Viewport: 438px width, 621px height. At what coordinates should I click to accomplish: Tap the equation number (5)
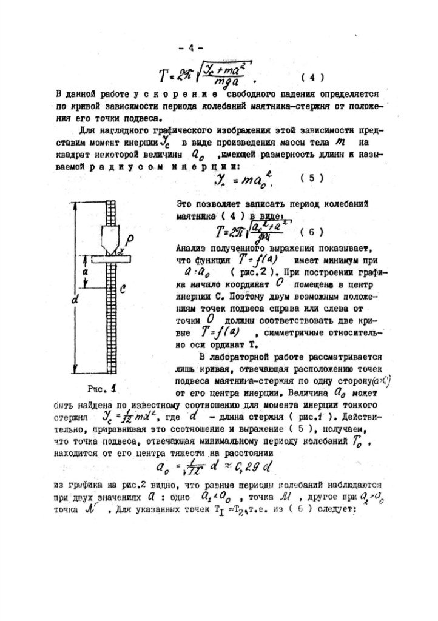312,178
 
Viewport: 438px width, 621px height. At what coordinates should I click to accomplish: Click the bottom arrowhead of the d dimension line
75,371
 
